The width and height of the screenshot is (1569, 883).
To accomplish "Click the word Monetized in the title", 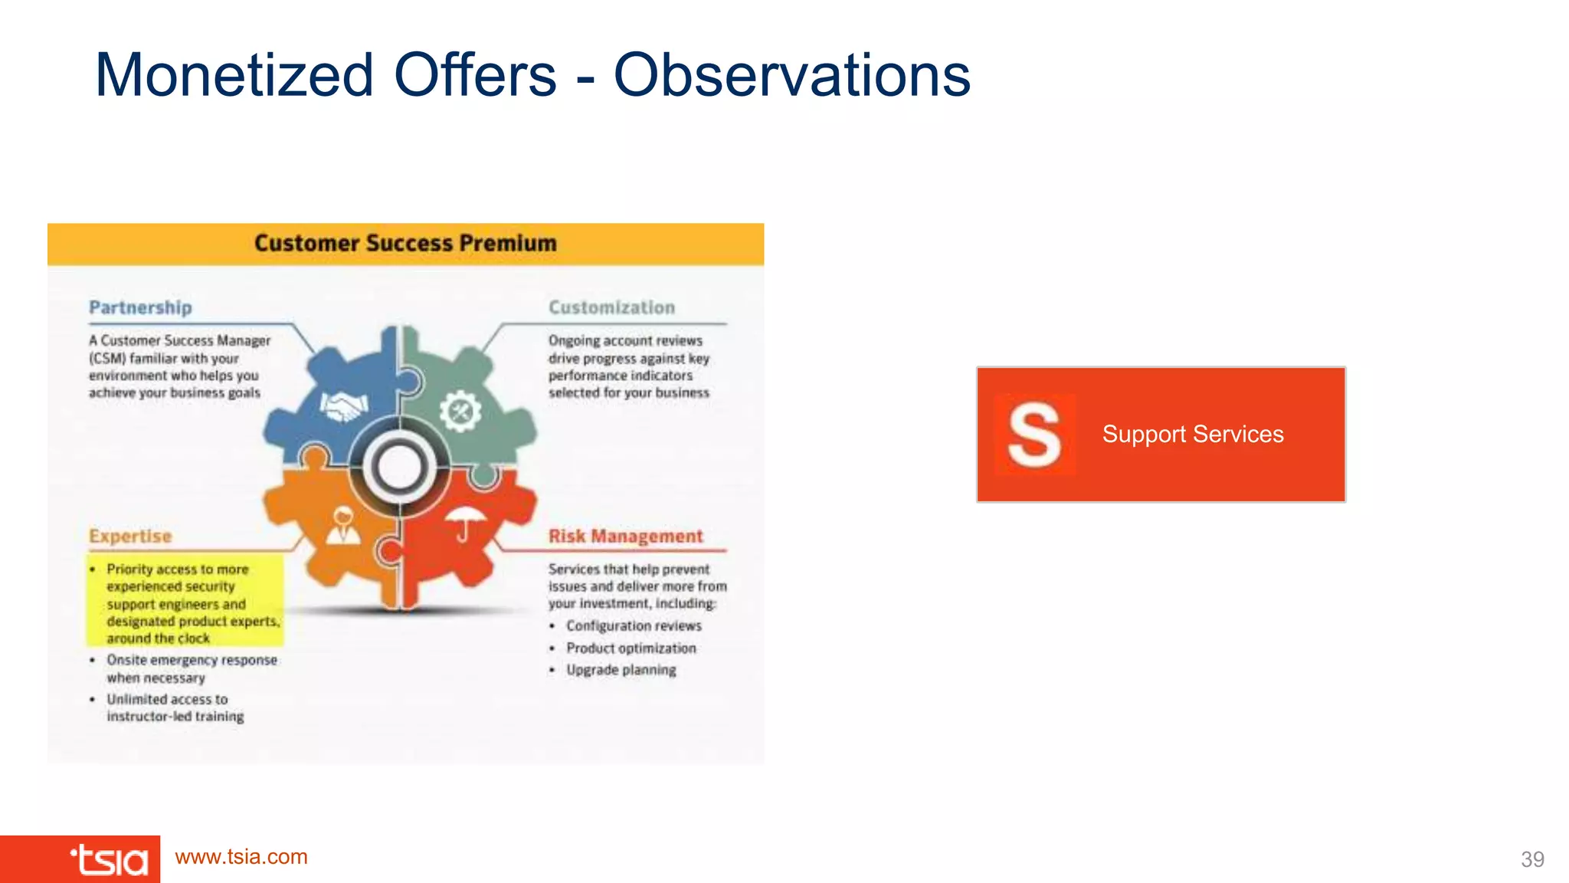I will tap(234, 75).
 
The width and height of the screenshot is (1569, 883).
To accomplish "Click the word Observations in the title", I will tap(792, 75).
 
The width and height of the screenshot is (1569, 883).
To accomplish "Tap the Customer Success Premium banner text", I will tap(405, 244).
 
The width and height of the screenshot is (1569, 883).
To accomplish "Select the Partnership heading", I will tap(140, 307).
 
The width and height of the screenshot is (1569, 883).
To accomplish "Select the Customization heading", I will tap(611, 307).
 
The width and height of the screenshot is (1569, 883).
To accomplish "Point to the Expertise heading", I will tap(130, 536).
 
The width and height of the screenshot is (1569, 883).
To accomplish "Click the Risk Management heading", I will tap(625, 536).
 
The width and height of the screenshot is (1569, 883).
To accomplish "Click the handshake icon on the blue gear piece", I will tap(343, 405).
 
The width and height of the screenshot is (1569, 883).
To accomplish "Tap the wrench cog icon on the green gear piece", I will tap(460, 411).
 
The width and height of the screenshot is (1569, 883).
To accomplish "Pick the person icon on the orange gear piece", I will tap(343, 526).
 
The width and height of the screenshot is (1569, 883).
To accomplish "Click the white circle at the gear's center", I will tap(399, 467).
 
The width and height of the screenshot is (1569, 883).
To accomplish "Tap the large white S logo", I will tap(1034, 435).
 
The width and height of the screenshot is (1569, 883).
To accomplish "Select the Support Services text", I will tap(1193, 435).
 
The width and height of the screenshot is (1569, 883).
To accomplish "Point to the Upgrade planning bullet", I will tap(621, 670).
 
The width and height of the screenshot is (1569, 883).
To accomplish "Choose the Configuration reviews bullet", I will tap(634, 625).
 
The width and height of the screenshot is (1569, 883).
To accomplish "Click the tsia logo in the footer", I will tap(110, 860).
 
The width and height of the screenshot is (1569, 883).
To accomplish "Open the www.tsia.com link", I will tap(241, 857).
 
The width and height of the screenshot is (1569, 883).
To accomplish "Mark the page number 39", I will tap(1532, 859).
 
